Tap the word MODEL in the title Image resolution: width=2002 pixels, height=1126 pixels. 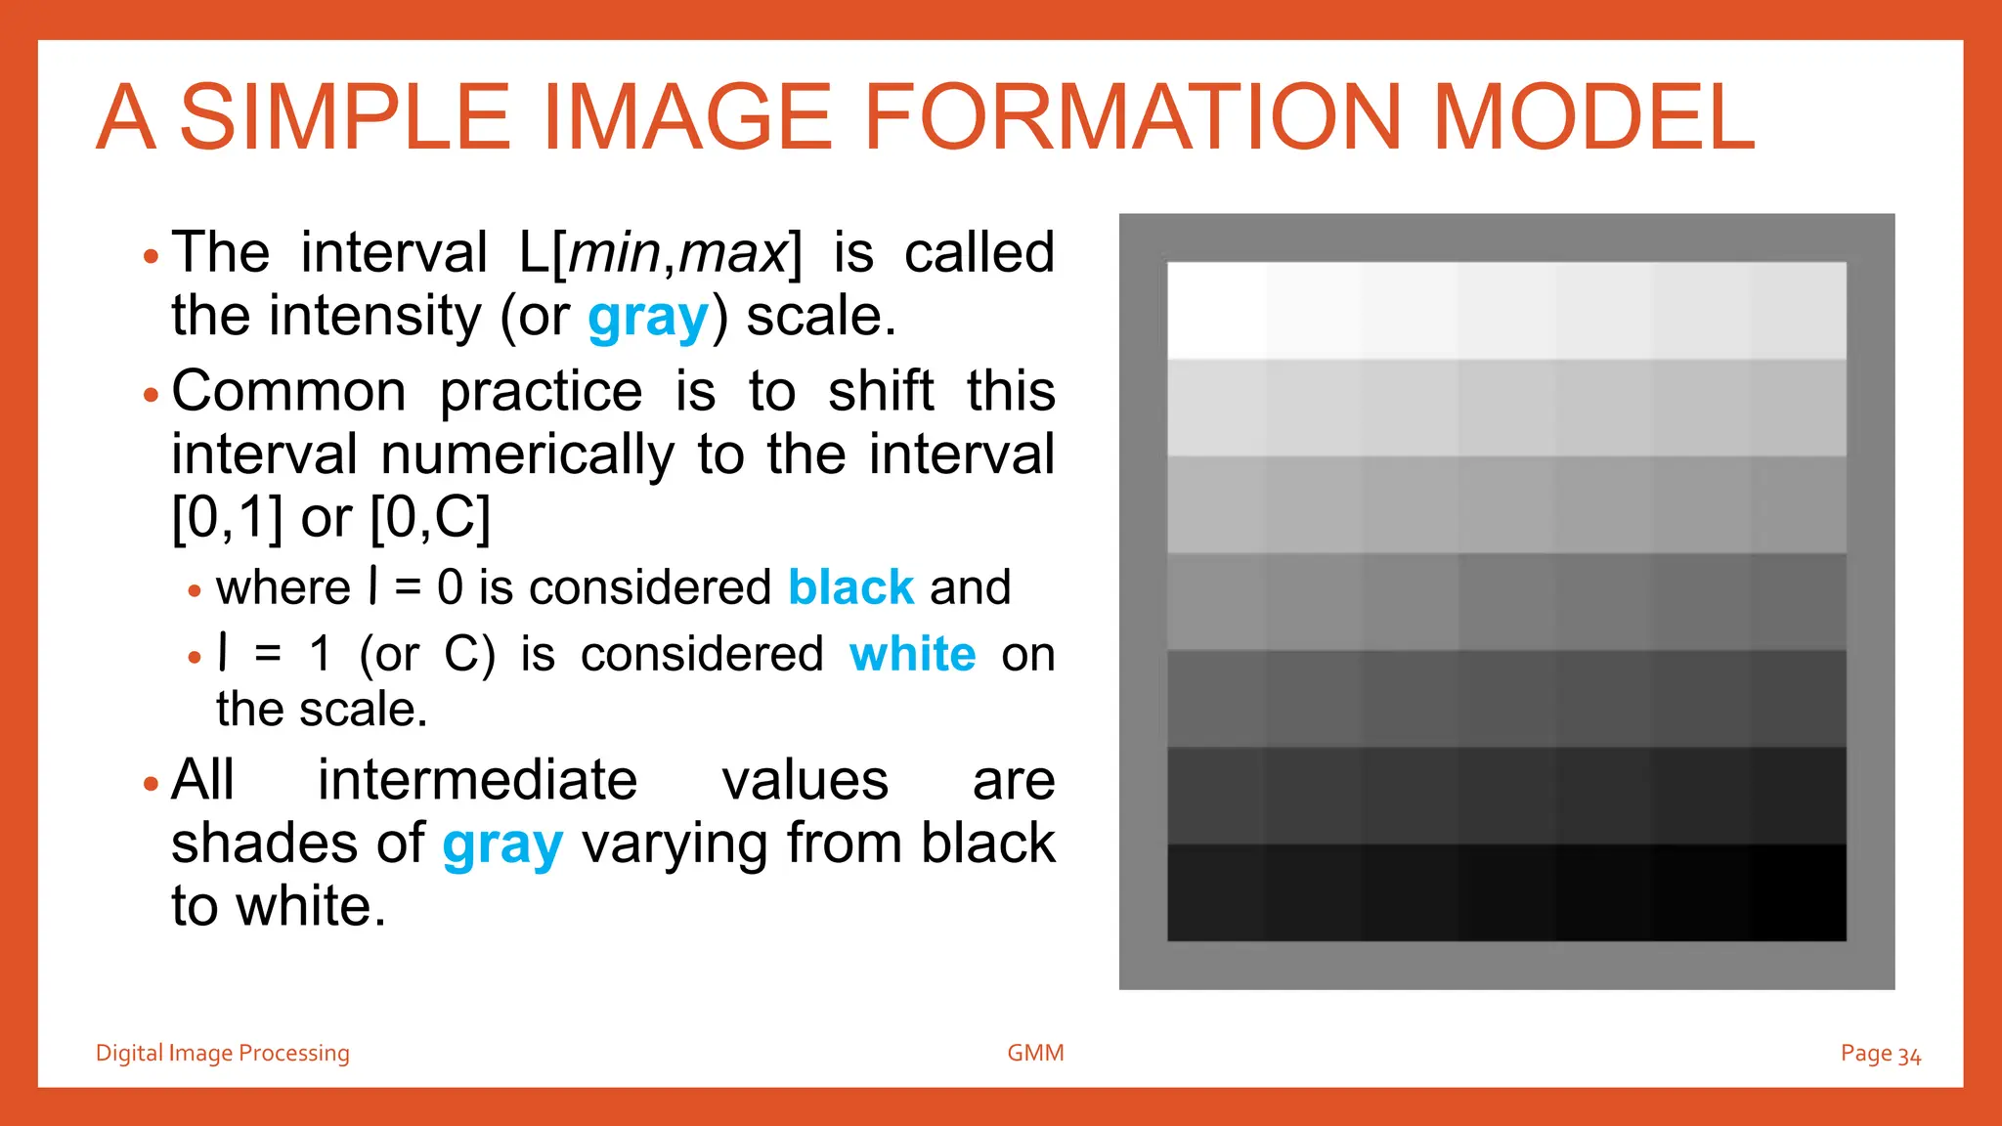point(1593,117)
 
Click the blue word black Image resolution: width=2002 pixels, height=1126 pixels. point(850,587)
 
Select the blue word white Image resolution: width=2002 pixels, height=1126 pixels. point(912,654)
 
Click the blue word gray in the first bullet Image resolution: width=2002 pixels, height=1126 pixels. point(648,318)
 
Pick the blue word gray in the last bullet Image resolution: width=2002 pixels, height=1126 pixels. point(502,844)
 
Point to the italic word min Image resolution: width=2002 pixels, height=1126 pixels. point(614,253)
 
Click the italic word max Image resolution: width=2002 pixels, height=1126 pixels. point(732,253)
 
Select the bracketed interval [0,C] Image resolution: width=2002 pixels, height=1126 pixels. point(430,517)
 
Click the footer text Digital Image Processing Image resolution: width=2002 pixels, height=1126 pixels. point(222,1053)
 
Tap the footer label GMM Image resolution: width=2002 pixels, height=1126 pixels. point(1035,1053)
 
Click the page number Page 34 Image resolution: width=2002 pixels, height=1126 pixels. point(1880,1054)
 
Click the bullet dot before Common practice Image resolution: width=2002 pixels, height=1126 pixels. point(150,396)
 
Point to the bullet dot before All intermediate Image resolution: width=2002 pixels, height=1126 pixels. point(150,784)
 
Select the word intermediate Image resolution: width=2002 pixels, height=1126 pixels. point(477,781)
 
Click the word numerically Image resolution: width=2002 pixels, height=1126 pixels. point(527,455)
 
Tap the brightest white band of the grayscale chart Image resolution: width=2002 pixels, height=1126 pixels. point(1505,310)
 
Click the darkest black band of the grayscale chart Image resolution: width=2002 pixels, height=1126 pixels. point(1505,891)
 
